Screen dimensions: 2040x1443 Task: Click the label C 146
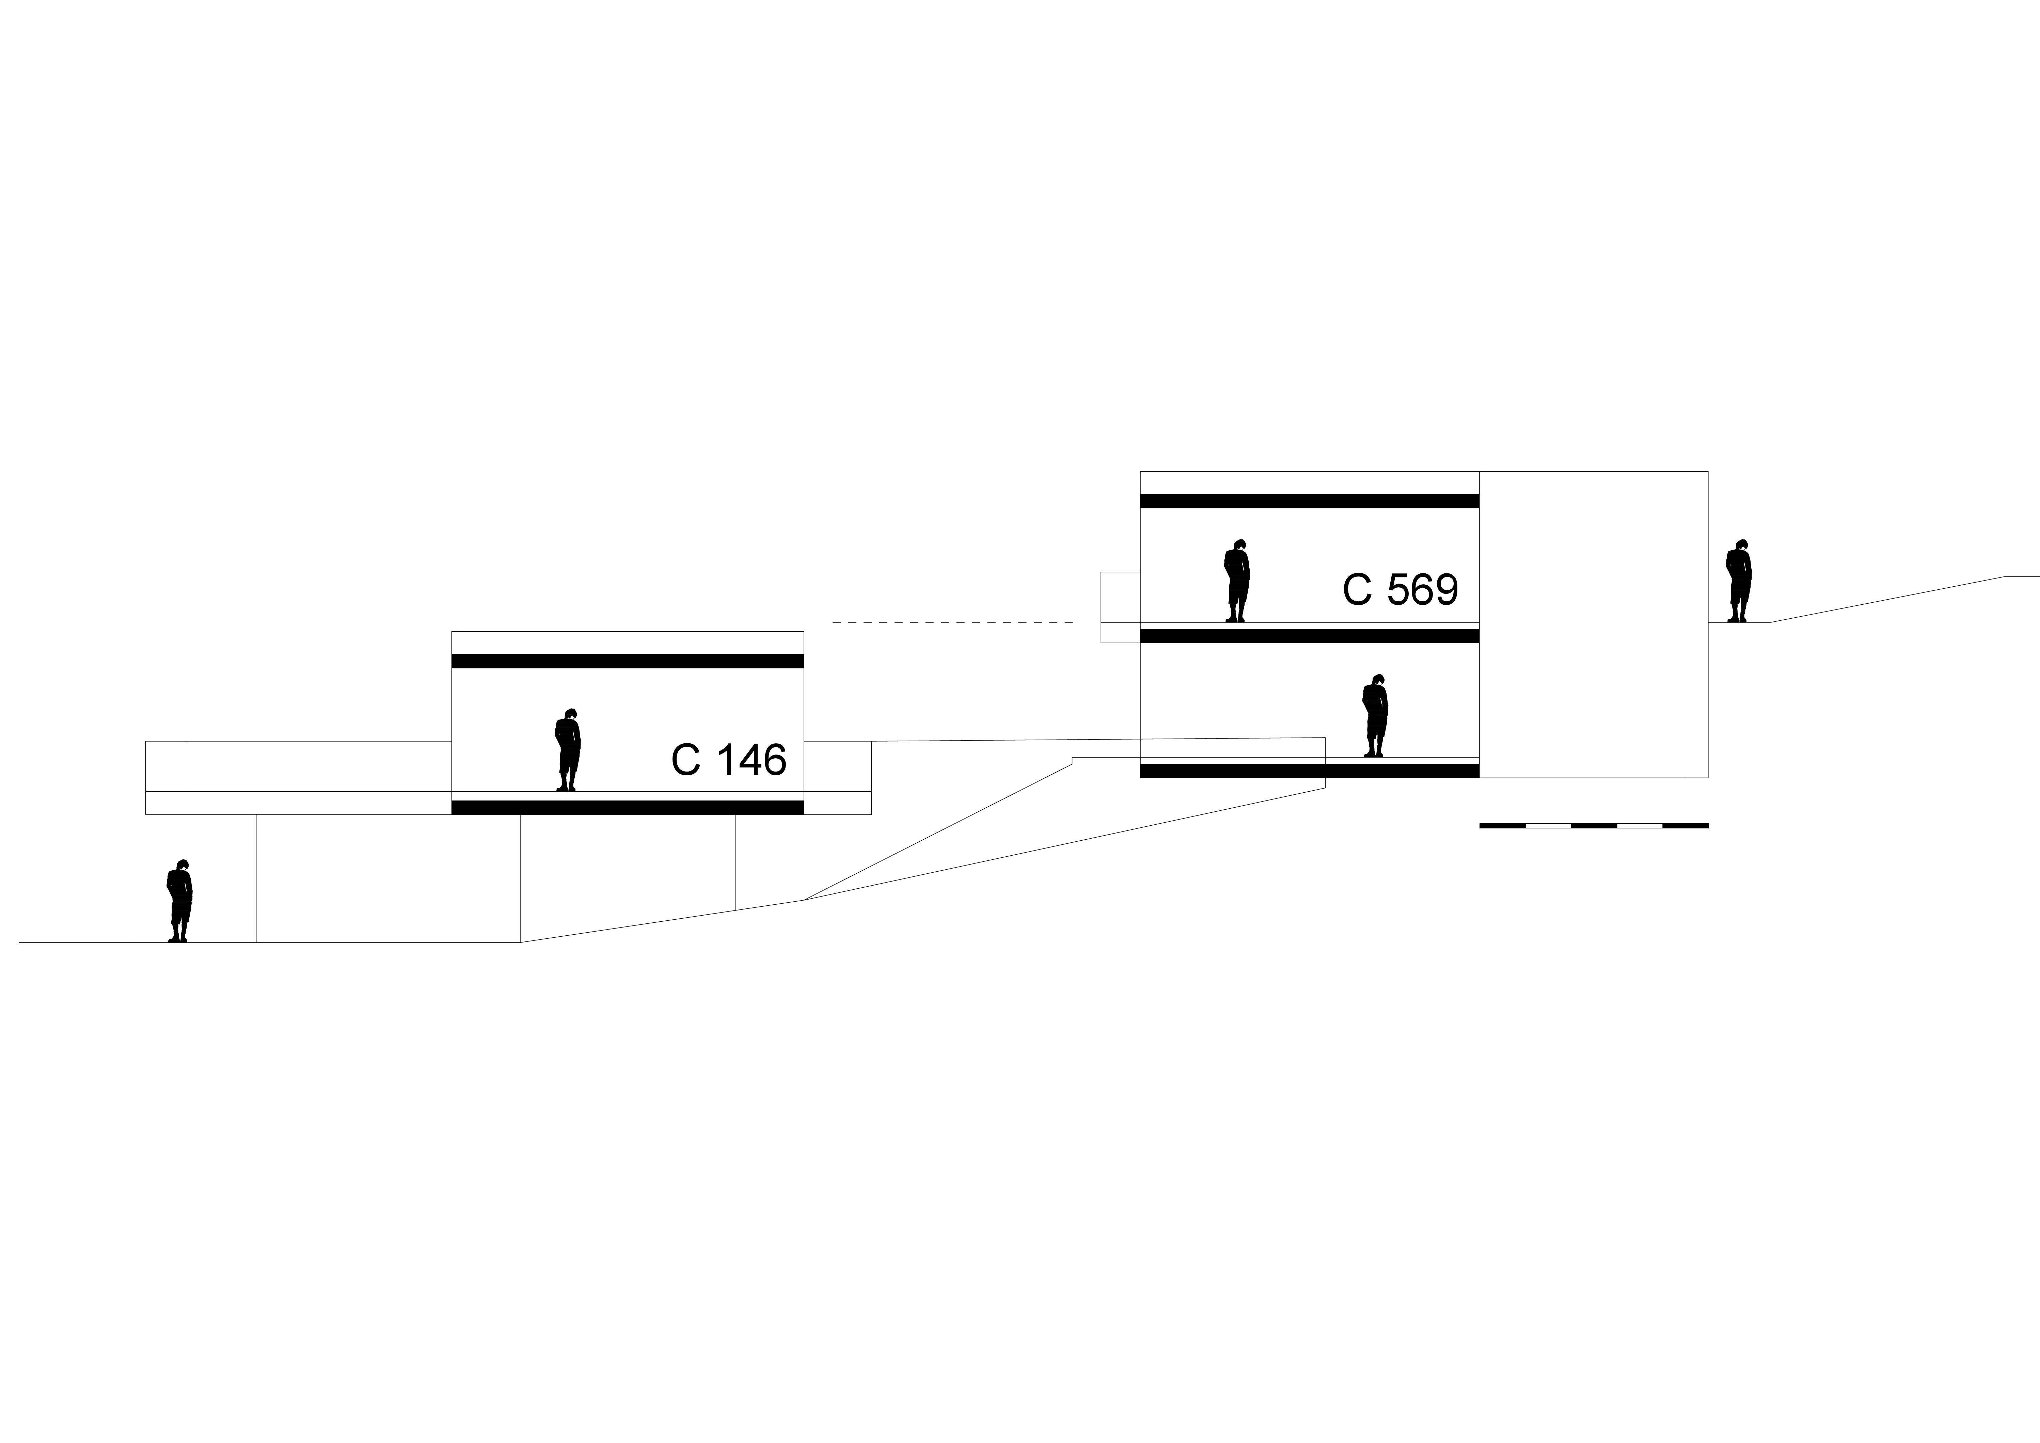pos(729,760)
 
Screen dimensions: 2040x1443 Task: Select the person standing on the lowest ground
pos(179,900)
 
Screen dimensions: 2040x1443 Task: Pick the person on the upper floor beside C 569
pos(1237,580)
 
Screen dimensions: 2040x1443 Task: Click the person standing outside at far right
pos(1739,580)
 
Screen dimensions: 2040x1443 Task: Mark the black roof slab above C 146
pos(627,661)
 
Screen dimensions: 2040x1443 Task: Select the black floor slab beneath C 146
pos(627,807)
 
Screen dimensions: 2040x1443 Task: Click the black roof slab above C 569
pos(1310,501)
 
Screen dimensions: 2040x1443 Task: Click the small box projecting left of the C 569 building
pos(1120,607)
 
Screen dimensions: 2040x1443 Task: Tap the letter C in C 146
pos(686,760)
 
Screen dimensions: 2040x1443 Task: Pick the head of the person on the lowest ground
pos(182,865)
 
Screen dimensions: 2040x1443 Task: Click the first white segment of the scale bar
pos(1548,825)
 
